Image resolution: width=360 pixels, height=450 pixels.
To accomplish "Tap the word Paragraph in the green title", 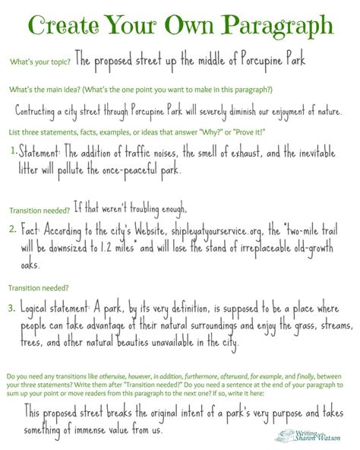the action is click(x=281, y=28).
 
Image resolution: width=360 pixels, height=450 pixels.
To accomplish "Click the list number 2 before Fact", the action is click(x=12, y=227).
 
